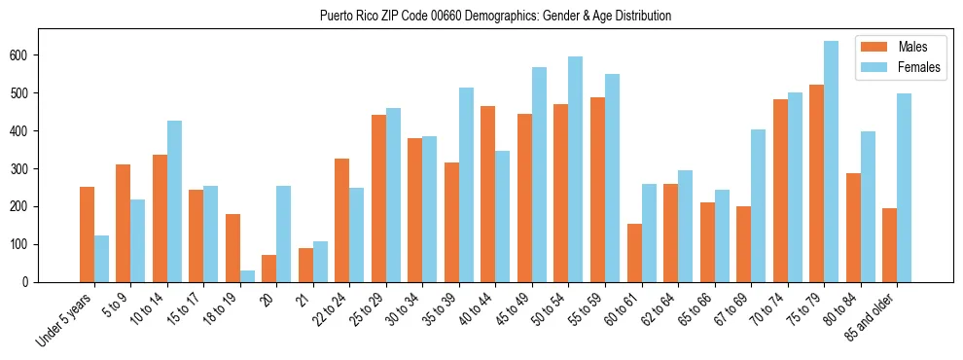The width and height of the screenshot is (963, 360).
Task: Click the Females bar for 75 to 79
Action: pyautogui.click(x=831, y=162)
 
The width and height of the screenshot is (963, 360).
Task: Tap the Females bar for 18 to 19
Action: pyautogui.click(x=247, y=276)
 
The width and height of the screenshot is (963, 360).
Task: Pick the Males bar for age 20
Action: pyautogui.click(x=269, y=269)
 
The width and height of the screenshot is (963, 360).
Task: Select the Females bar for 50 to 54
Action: pyautogui.click(x=576, y=169)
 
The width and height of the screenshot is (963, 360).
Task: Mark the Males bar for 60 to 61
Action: pyautogui.click(x=634, y=253)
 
